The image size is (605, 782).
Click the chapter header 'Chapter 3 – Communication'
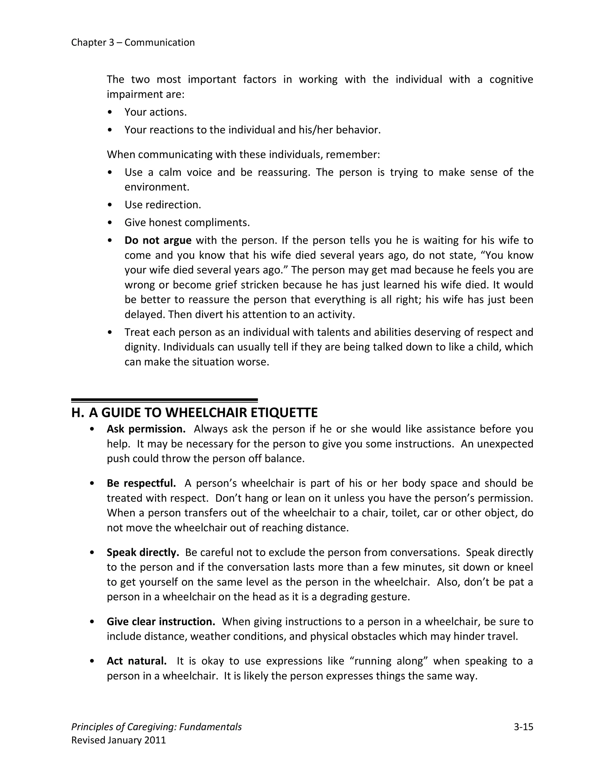(133, 42)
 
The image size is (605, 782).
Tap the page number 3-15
(523, 727)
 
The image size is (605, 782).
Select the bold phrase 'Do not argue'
(158, 240)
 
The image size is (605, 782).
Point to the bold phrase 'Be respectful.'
(141, 483)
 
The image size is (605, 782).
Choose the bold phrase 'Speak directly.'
(143, 552)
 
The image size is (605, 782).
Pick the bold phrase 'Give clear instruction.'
(161, 621)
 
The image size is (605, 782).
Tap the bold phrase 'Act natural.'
(136, 661)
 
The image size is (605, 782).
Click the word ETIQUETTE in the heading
(284, 413)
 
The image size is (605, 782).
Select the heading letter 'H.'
(77, 413)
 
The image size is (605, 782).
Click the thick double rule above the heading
(164, 400)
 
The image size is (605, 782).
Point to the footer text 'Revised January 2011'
(119, 740)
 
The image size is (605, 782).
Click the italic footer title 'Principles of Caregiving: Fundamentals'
(156, 727)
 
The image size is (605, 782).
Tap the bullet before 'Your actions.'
(110, 112)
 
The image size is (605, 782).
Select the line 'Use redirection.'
(163, 205)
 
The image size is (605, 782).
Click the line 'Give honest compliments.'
(187, 223)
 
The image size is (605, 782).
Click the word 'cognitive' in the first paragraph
(511, 79)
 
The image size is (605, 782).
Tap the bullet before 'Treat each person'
(110, 333)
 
